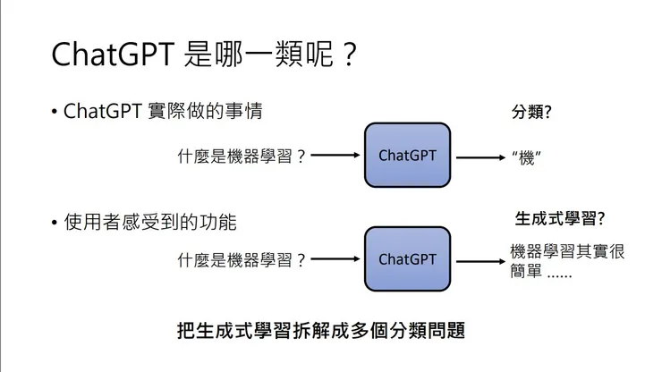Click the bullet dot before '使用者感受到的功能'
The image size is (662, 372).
[55, 221]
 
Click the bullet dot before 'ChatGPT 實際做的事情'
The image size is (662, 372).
[55, 113]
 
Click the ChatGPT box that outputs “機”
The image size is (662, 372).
[407, 155]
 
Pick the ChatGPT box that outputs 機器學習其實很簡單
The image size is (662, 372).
[407, 258]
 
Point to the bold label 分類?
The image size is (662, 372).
[530, 113]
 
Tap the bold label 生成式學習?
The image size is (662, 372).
[560, 218]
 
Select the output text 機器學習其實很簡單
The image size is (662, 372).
[566, 260]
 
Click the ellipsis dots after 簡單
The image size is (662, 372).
[559, 272]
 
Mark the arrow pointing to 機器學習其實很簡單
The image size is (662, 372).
[480, 260]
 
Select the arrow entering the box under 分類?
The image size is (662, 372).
[335, 156]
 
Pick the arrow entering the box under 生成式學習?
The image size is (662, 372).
[335, 260]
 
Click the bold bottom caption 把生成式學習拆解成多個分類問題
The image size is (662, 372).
[322, 328]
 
